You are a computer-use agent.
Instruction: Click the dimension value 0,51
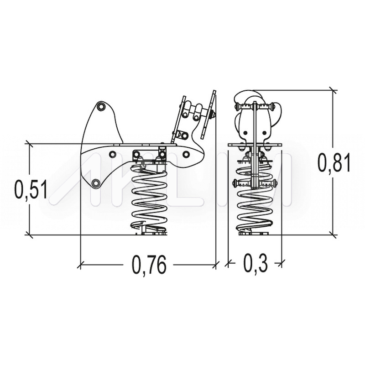click(31, 189)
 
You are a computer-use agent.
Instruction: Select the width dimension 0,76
click(149, 265)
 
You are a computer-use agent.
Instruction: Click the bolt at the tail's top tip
click(101, 106)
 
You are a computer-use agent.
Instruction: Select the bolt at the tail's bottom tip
click(95, 183)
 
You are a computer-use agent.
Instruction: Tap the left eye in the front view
click(245, 133)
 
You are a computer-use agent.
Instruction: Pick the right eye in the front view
click(264, 133)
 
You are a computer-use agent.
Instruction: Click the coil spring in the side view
click(149, 197)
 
